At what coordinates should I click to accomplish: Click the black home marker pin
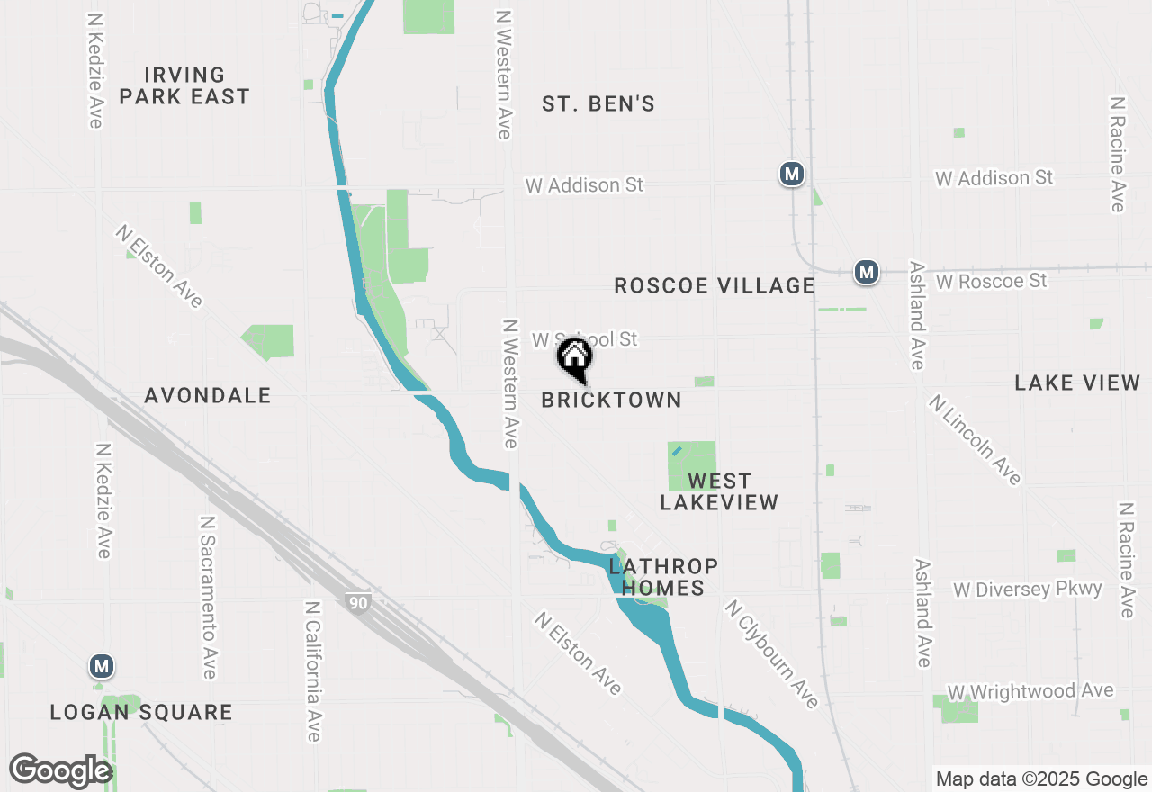pyautogui.click(x=574, y=357)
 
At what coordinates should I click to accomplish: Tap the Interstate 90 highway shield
pyautogui.click(x=358, y=602)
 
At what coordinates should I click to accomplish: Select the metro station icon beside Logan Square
pyautogui.click(x=102, y=667)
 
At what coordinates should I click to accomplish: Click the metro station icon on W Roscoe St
pyautogui.click(x=866, y=271)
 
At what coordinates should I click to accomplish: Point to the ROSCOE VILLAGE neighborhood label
pyautogui.click(x=714, y=285)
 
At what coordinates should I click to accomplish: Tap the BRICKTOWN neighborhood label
pyautogui.click(x=611, y=400)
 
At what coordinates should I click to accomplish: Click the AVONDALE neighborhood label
pyautogui.click(x=208, y=395)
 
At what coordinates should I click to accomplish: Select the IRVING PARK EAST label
pyautogui.click(x=184, y=85)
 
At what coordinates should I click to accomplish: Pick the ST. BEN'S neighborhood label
pyautogui.click(x=598, y=104)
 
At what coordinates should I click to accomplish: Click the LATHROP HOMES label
pyautogui.click(x=663, y=577)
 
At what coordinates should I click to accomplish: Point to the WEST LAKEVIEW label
pyautogui.click(x=719, y=491)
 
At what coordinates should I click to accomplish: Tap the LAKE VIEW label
pyautogui.click(x=1077, y=383)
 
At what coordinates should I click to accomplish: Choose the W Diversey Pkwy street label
pyautogui.click(x=1028, y=589)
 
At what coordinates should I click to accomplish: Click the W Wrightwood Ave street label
pyautogui.click(x=1030, y=692)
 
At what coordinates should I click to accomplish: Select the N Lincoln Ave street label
pyautogui.click(x=976, y=439)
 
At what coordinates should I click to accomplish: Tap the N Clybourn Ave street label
pyautogui.click(x=771, y=653)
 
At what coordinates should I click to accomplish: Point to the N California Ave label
pyautogui.click(x=312, y=671)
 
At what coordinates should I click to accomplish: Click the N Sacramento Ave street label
pyautogui.click(x=208, y=597)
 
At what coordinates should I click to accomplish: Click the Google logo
pyautogui.click(x=61, y=771)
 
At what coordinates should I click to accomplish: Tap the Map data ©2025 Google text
pyautogui.click(x=1041, y=779)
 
